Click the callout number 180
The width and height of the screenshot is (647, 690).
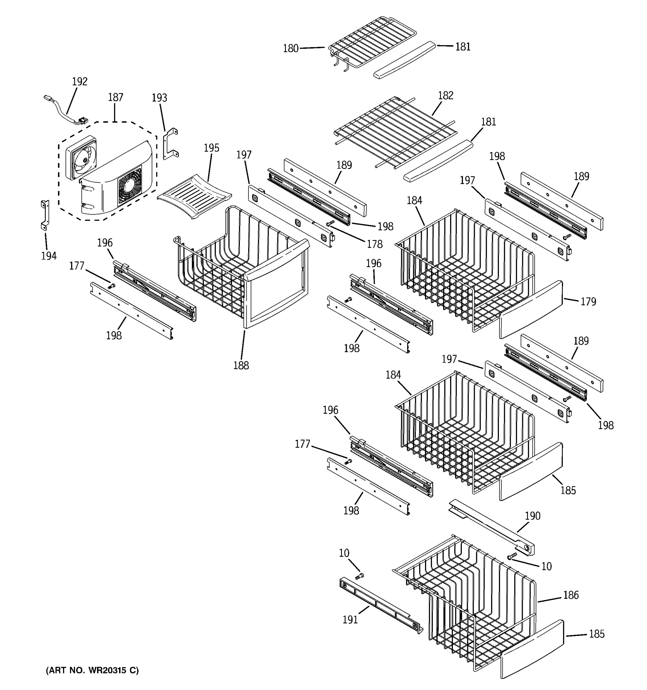(290, 49)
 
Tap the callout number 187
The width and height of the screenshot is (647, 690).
(116, 97)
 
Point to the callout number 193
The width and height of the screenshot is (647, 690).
(159, 98)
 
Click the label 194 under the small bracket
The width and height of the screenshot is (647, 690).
(49, 256)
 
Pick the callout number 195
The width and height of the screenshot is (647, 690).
(211, 148)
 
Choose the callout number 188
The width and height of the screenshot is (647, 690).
(241, 365)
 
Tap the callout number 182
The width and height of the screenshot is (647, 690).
(446, 95)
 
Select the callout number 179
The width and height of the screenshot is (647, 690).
(588, 302)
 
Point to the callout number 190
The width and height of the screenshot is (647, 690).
(533, 516)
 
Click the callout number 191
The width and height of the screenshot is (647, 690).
(350, 620)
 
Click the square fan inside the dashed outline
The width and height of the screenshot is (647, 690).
(81, 158)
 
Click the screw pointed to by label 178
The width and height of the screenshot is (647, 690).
(330, 223)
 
